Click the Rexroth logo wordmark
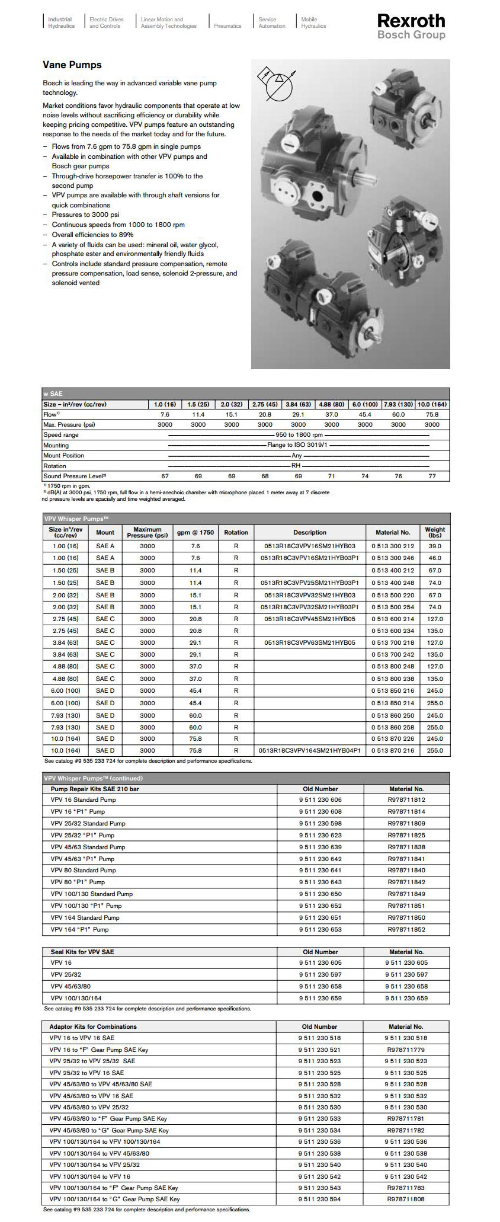pos(411,21)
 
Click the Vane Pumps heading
pos(72,65)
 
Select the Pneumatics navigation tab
pos(227,26)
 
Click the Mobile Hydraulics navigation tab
pos(313,23)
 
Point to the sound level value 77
pos(432,476)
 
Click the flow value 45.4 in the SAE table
pos(365,415)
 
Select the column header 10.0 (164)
pos(432,404)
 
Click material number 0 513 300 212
pos(393,546)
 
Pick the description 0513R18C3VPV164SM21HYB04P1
pos(310,750)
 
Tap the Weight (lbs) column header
pos(434,532)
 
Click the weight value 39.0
pos(434,546)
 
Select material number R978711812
pos(406,799)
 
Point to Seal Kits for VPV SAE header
pos(82,952)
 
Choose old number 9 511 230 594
pos(320,1199)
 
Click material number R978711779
pos(406,1050)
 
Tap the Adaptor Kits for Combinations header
pos(93,1026)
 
